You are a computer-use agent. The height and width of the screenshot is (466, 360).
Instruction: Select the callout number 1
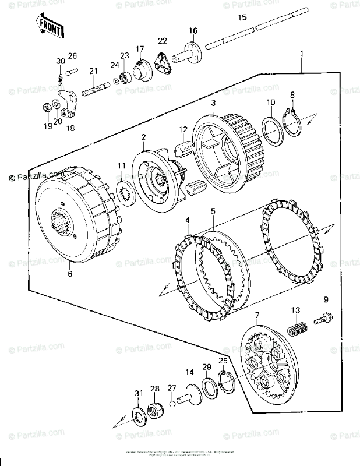click(x=302, y=54)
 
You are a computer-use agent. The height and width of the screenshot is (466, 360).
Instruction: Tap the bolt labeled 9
click(x=322, y=319)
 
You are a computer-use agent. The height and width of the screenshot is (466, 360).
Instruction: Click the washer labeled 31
click(x=139, y=415)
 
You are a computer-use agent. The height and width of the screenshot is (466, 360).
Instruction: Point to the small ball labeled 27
click(x=172, y=402)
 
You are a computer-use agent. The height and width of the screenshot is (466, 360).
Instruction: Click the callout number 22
click(x=162, y=40)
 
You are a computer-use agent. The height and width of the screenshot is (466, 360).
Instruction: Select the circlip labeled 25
click(x=225, y=382)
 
